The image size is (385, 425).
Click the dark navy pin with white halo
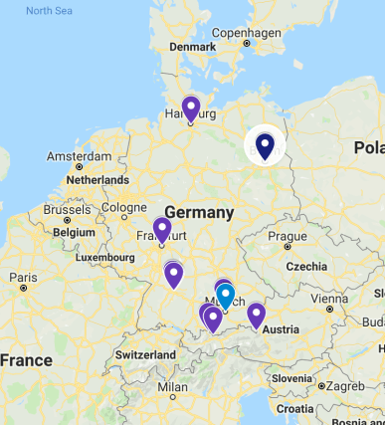pyautogui.click(x=265, y=146)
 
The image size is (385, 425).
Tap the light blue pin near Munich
pyautogui.click(x=226, y=296)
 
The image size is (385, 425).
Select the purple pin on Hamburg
pyautogui.click(x=191, y=107)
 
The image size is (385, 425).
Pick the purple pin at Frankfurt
pyautogui.click(x=162, y=230)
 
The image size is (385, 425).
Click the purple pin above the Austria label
pyautogui.click(x=257, y=315)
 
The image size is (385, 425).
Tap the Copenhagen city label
pyautogui.click(x=246, y=32)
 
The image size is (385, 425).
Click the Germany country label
pyautogui.click(x=199, y=213)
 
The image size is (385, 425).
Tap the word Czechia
pyautogui.click(x=306, y=267)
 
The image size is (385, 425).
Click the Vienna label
pyautogui.click(x=329, y=298)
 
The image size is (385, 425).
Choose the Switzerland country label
pyautogui.click(x=145, y=355)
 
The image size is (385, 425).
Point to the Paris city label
pyautogui.click(x=24, y=278)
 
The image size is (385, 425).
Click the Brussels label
pyautogui.click(x=66, y=210)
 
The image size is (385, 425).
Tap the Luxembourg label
pyautogui.click(x=103, y=257)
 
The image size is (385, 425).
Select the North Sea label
pyautogui.click(x=51, y=11)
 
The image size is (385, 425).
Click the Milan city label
pyautogui.click(x=172, y=386)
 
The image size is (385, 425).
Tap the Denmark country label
pyautogui.click(x=192, y=47)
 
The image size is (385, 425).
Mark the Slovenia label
pyautogui.click(x=291, y=378)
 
